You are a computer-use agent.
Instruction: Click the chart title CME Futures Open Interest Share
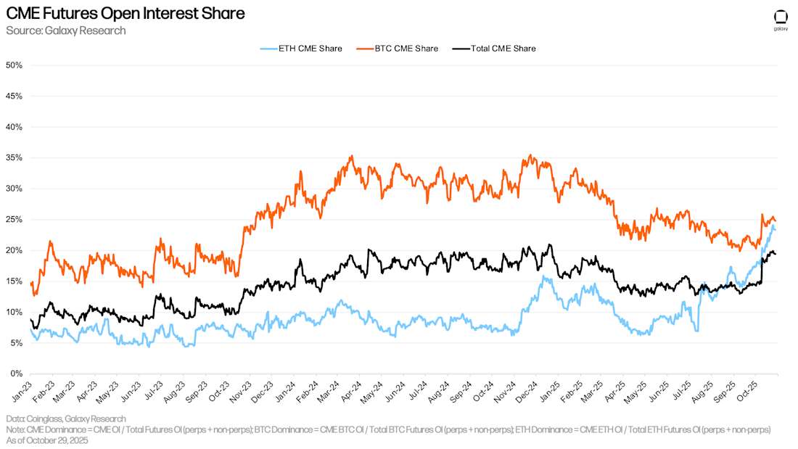tap(125, 13)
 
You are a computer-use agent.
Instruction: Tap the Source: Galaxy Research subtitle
tap(66, 30)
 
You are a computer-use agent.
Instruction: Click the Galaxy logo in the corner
tap(781, 20)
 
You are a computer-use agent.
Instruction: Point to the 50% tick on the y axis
tap(14, 65)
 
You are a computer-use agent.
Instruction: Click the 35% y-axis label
tap(14, 158)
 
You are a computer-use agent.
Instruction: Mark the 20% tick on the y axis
tap(14, 250)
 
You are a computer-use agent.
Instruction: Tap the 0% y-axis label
tap(16, 374)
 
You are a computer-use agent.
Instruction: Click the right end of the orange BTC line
tap(776, 221)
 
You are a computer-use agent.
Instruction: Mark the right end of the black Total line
tap(776, 254)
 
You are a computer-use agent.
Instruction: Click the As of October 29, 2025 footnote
tap(47, 440)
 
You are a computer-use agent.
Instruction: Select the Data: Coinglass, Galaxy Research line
tap(66, 419)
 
